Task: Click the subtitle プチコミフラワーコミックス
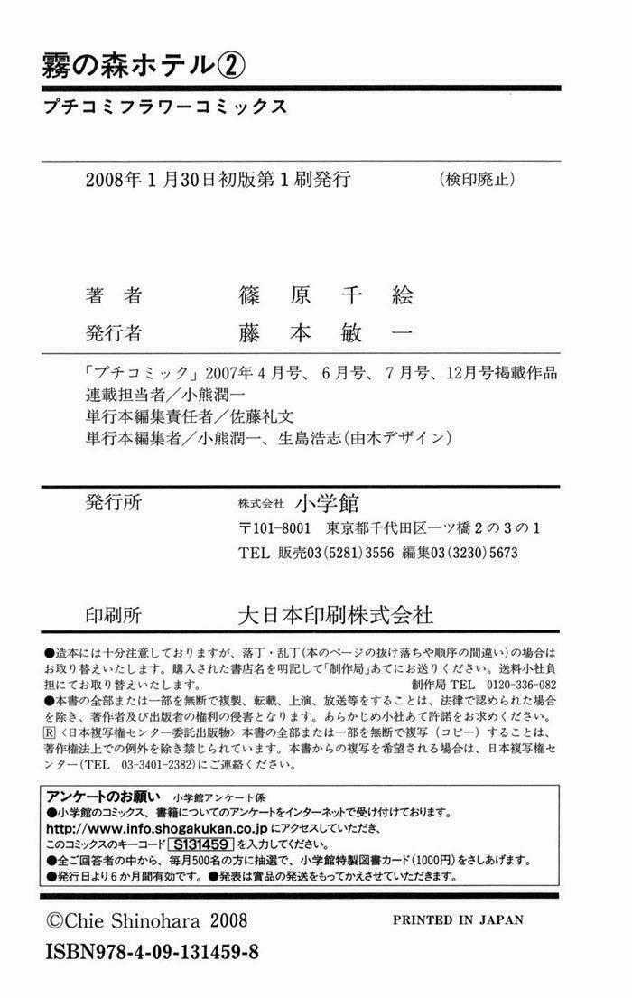[x=164, y=106]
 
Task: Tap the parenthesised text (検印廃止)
[x=475, y=179]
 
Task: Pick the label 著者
[x=114, y=295]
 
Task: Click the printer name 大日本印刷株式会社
[x=334, y=616]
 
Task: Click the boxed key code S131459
[x=200, y=844]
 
